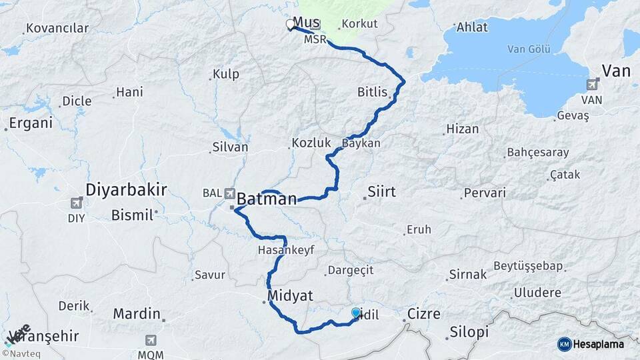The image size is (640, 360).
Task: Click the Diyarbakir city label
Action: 126,190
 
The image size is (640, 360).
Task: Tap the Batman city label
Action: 267,198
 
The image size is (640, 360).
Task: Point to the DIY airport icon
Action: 77,203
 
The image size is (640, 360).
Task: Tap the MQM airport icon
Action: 152,340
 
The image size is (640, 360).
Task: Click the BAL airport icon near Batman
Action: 230,193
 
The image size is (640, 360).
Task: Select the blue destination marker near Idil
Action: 356,312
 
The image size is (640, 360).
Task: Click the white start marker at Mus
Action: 290,24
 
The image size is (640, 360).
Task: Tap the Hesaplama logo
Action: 591,344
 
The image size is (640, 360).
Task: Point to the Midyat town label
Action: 290,295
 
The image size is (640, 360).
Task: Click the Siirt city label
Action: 381,192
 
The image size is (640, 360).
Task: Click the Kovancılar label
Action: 57,29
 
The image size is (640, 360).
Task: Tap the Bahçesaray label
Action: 538,152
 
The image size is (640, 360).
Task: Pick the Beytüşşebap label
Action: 529,266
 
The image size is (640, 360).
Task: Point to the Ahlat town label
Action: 472,27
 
